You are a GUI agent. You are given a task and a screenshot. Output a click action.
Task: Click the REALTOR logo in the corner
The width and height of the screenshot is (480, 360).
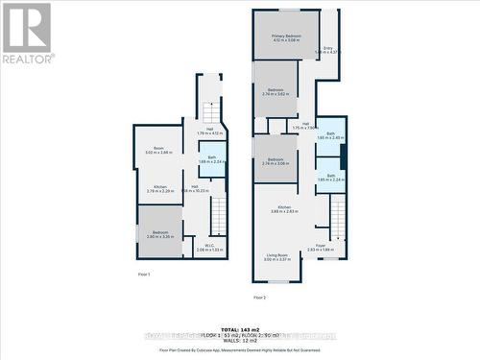point(27,34)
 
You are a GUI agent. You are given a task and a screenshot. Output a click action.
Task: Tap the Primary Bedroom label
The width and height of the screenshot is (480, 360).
point(285,37)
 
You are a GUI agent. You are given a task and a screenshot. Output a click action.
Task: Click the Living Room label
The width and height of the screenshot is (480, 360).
point(277,256)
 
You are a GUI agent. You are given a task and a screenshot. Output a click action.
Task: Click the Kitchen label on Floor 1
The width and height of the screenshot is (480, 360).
point(159,189)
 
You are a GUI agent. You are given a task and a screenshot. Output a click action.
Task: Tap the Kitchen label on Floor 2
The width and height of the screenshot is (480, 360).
point(285,209)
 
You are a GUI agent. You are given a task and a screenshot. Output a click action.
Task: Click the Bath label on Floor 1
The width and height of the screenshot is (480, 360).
point(211,160)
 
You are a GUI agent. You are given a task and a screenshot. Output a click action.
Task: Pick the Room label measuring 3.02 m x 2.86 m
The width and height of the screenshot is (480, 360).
point(158,151)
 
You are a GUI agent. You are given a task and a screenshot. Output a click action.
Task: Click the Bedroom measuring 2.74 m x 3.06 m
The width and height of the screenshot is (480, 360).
point(276,161)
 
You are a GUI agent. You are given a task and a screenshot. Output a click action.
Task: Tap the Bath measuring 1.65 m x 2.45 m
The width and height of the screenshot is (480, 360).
point(330,135)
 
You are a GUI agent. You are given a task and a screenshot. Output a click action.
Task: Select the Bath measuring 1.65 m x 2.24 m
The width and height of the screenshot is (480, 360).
point(330,178)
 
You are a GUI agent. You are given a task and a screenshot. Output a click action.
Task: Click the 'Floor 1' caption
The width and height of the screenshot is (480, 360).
point(143,276)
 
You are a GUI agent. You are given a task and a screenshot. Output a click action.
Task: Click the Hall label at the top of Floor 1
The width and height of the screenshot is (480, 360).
point(209,132)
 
